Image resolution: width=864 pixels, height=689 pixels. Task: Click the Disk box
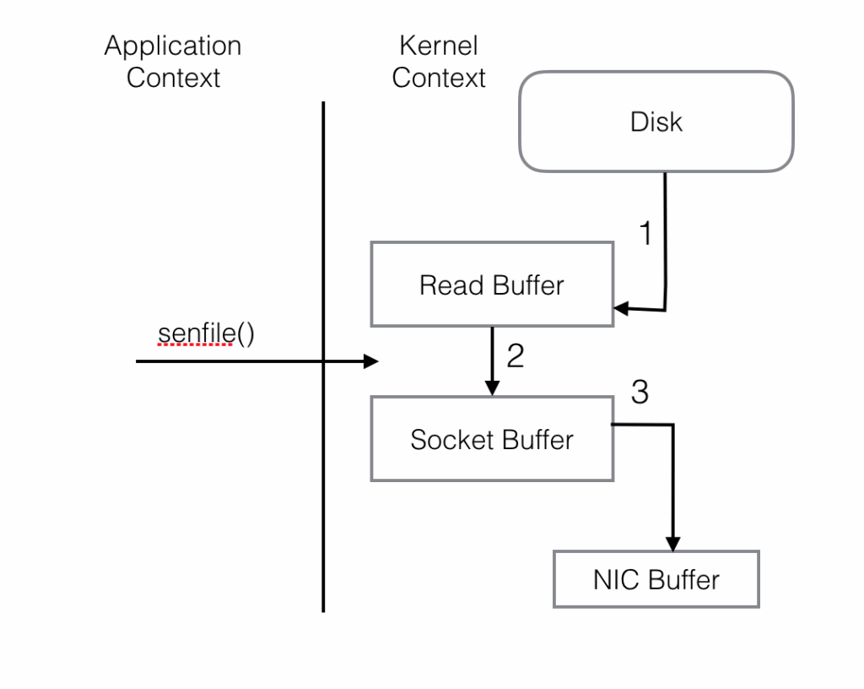click(656, 122)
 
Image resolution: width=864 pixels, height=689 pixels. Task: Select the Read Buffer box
click(492, 285)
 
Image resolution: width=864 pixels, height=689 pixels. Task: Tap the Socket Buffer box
click(492, 439)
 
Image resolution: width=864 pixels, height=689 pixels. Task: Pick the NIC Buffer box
click(656, 579)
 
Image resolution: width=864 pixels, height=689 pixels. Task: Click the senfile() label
click(206, 334)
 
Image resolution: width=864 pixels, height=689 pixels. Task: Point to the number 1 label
click(645, 232)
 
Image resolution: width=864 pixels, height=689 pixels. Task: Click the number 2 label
click(516, 355)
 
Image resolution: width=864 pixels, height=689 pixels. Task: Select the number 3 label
click(640, 392)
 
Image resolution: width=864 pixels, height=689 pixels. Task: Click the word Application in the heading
click(173, 46)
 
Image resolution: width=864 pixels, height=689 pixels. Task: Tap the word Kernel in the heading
click(439, 46)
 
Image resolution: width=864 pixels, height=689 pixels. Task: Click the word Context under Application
click(173, 77)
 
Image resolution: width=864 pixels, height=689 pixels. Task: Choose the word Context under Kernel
click(439, 77)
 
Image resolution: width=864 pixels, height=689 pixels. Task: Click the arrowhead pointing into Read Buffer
click(621, 308)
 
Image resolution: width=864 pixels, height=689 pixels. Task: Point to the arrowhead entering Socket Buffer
click(492, 388)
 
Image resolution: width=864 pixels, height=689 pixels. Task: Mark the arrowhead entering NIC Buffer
click(672, 544)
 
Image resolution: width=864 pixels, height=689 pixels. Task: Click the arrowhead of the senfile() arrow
click(371, 361)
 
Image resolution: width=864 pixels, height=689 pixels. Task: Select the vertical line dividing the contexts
click(323, 356)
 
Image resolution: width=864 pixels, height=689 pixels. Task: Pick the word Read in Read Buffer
click(452, 285)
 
